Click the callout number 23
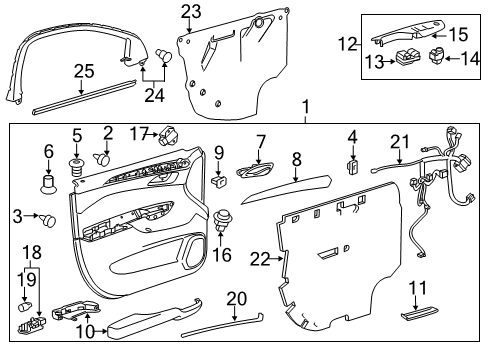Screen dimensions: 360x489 pyautogui.click(x=190, y=11)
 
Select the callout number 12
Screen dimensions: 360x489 pyautogui.click(x=347, y=45)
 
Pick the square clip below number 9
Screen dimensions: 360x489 pyautogui.click(x=218, y=183)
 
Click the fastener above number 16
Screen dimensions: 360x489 pyautogui.click(x=223, y=216)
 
